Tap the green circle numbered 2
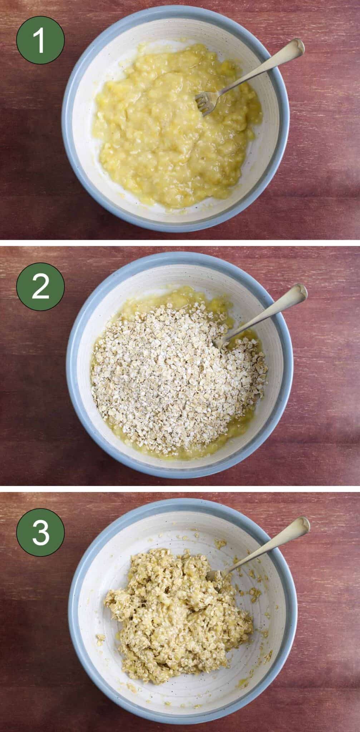(x=40, y=287)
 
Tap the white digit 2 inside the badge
(x=40, y=287)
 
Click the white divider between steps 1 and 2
(x=180, y=243)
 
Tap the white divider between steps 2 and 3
(x=180, y=489)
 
